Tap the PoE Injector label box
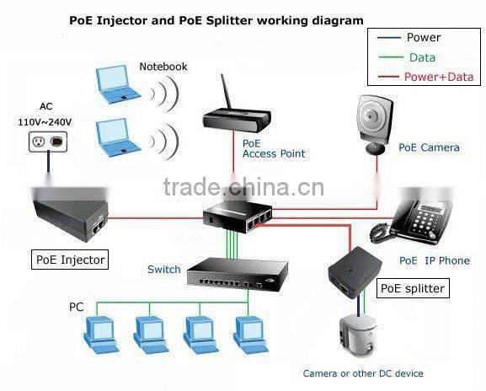tap(71, 260)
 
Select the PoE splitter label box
tap(412, 289)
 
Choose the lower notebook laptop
tap(118, 136)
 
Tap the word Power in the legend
tap(424, 37)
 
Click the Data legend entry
tap(422, 57)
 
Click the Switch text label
tap(163, 270)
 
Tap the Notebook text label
tap(163, 67)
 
